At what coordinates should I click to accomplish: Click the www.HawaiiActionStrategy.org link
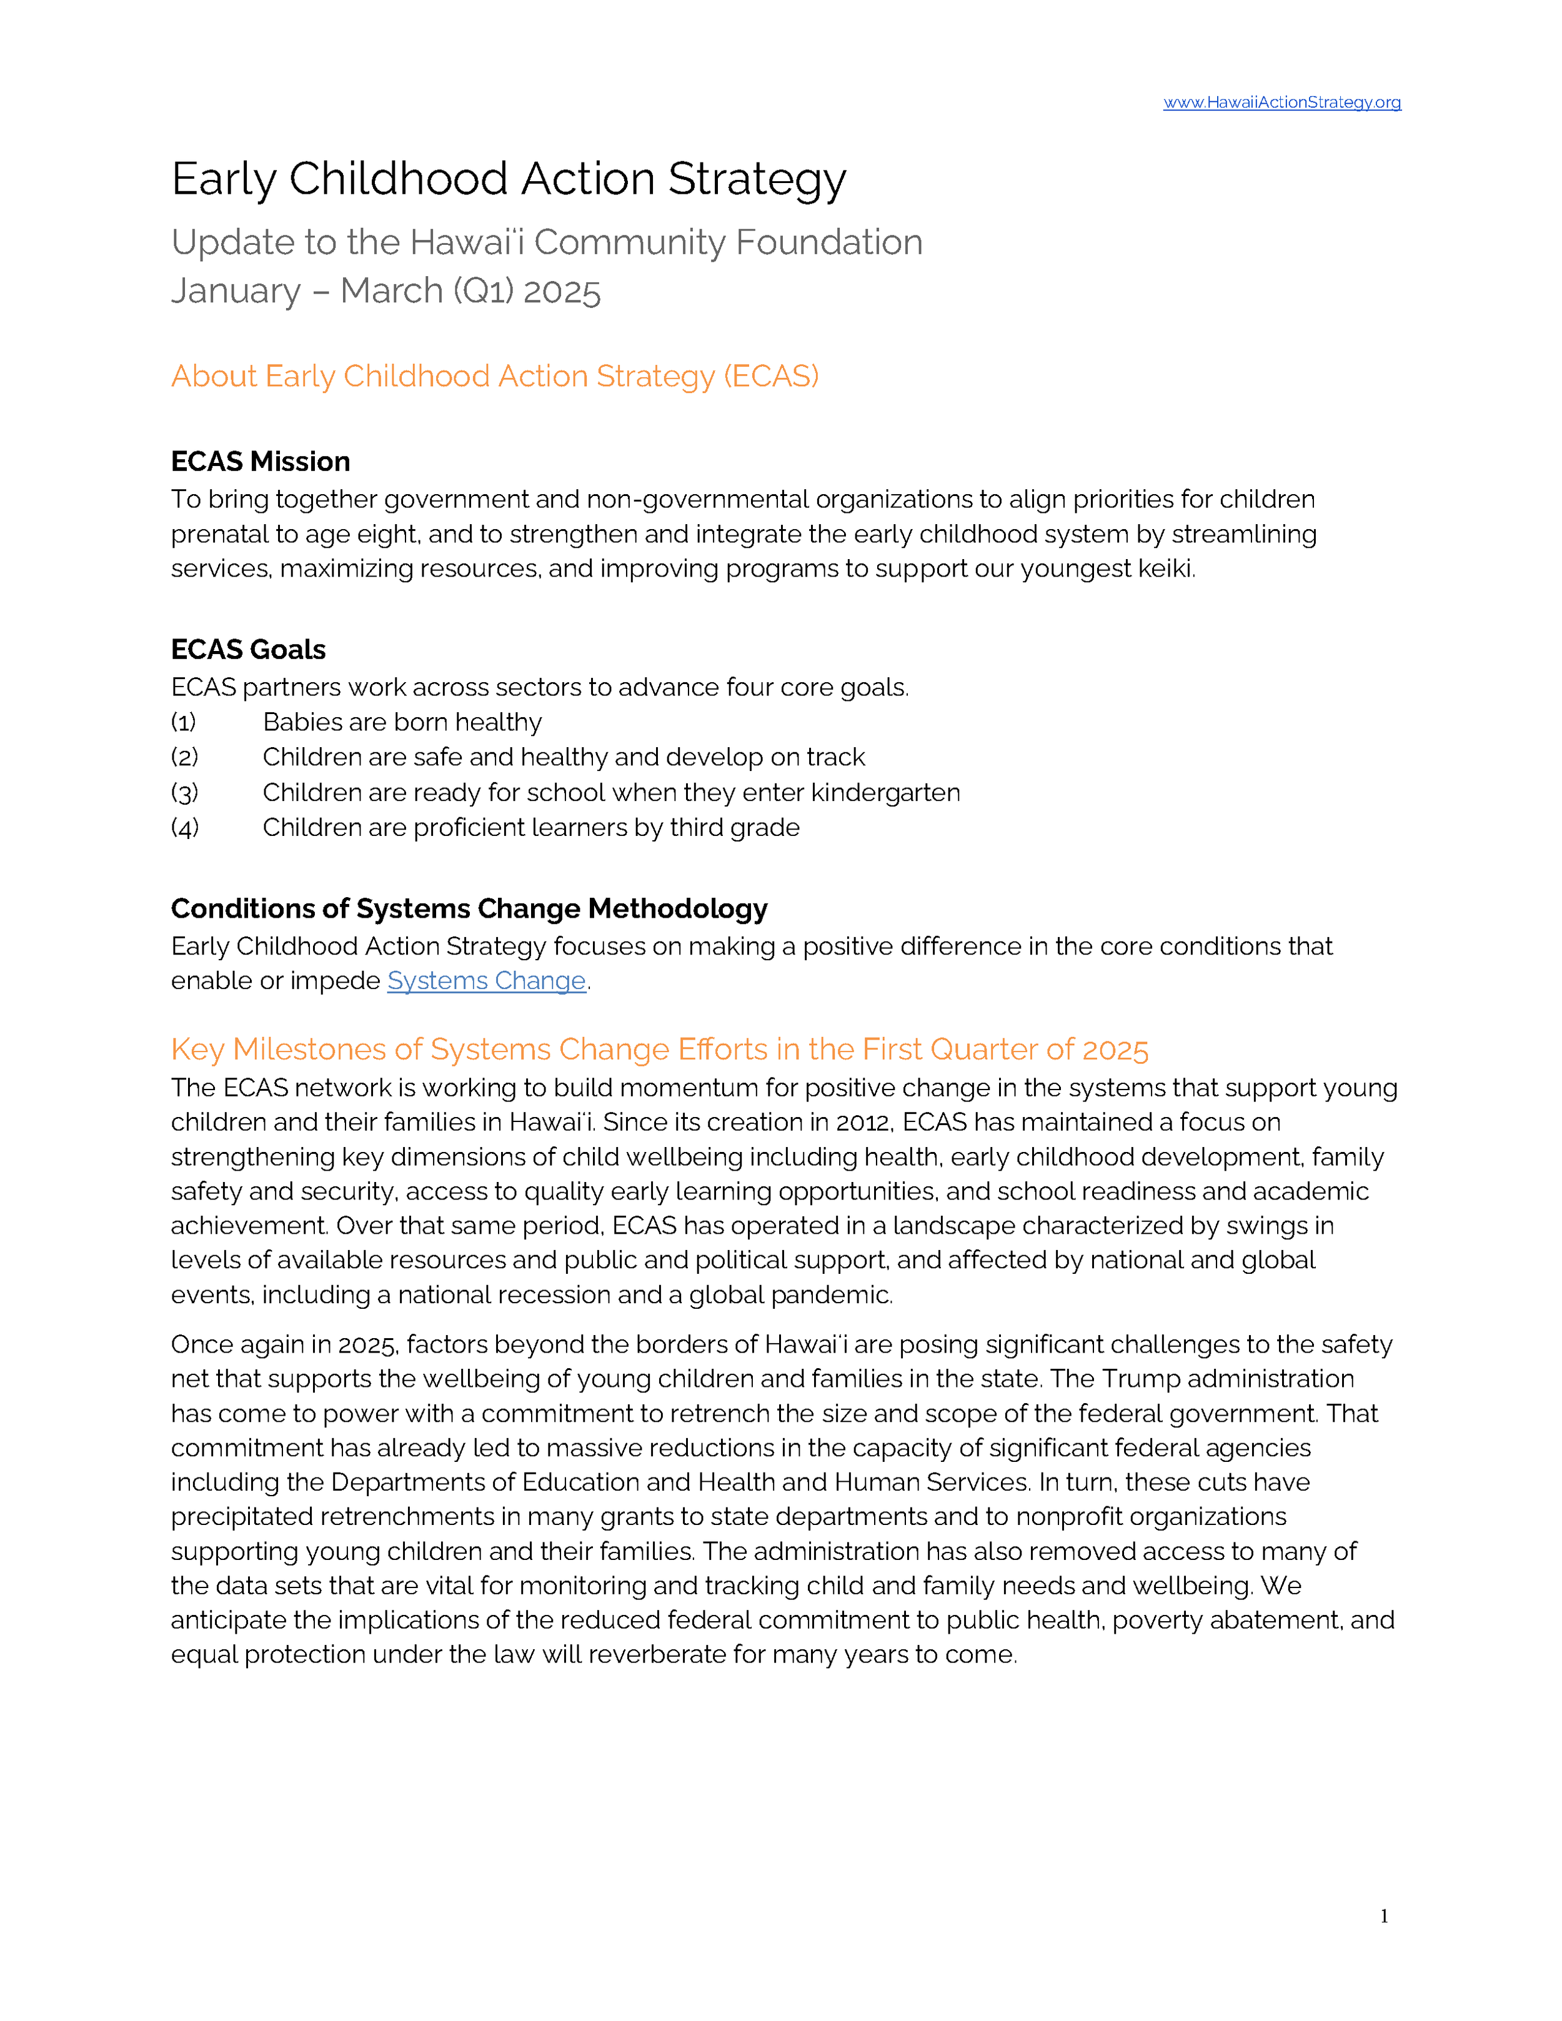coord(1281,102)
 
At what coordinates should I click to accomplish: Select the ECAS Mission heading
coord(260,462)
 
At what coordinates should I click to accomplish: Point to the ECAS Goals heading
coord(248,650)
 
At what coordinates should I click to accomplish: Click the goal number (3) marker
coord(184,793)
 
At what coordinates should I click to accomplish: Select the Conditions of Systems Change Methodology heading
coord(469,909)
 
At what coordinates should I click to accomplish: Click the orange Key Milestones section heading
coord(659,1050)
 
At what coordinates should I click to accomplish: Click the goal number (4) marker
coord(184,828)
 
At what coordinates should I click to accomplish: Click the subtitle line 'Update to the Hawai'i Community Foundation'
coord(546,242)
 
